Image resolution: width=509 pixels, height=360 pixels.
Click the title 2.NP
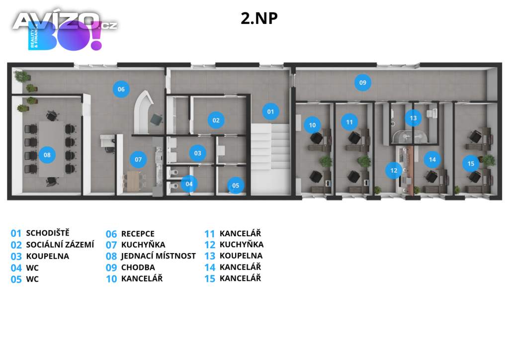coord(259,18)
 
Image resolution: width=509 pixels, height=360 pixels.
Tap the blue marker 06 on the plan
coord(121,90)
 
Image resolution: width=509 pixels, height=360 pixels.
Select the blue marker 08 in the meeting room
coord(47,155)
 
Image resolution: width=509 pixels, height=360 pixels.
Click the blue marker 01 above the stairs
coord(270,112)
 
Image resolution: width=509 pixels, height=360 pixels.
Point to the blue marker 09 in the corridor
coord(362,82)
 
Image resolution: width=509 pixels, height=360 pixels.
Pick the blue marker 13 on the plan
coord(413,118)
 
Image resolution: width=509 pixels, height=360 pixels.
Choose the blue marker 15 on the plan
coord(471,163)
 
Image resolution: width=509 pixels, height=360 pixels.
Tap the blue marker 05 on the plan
coord(236,186)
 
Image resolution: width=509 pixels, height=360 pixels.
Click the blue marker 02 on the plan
coord(216,120)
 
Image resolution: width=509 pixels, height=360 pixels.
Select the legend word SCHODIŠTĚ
coord(48,233)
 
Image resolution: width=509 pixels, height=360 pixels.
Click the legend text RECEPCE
coord(138,234)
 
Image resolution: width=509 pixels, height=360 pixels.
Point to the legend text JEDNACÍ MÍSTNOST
coord(158,256)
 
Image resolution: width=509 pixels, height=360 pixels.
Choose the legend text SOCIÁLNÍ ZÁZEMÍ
coord(60,245)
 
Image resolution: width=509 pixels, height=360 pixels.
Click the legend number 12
coord(210,245)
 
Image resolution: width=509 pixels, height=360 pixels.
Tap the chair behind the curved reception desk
coord(157,119)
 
